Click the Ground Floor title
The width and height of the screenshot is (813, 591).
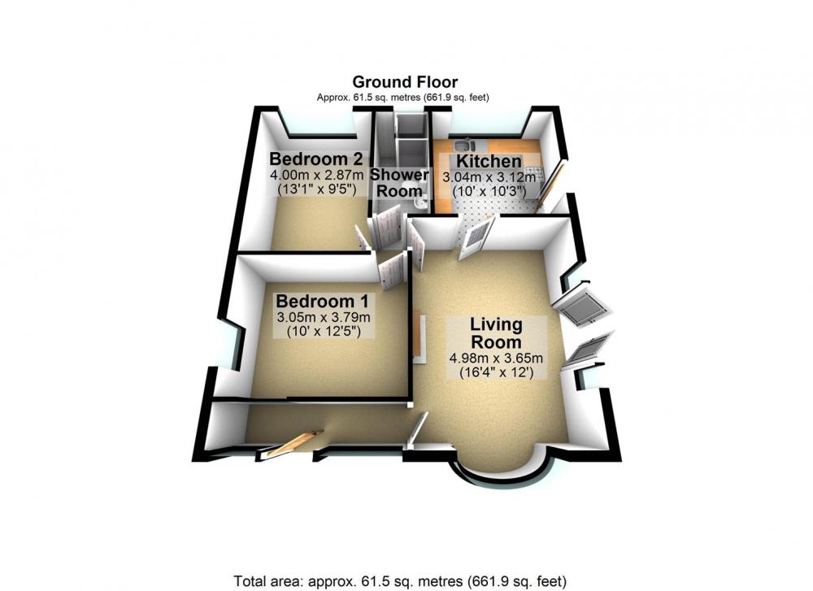coord(405,82)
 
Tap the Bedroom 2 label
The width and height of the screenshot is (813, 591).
coord(315,159)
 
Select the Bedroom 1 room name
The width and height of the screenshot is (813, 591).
coord(323,301)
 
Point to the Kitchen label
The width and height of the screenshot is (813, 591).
coord(489,161)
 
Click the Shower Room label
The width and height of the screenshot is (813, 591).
coord(399,182)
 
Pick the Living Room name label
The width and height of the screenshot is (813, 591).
coord(496,333)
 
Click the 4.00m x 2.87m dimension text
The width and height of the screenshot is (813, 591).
coord(316,175)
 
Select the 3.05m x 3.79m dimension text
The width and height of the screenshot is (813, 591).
coord(323,317)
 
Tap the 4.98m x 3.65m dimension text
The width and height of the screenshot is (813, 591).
coord(496,358)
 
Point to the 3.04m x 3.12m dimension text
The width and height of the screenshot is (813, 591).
coord(489,177)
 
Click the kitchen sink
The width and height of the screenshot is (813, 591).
coord(463,144)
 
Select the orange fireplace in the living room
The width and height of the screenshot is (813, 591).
coord(418,337)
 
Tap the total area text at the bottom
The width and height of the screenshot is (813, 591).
coord(400,580)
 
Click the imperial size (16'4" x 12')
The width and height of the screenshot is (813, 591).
coord(496,372)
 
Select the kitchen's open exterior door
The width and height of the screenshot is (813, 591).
coord(551,184)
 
